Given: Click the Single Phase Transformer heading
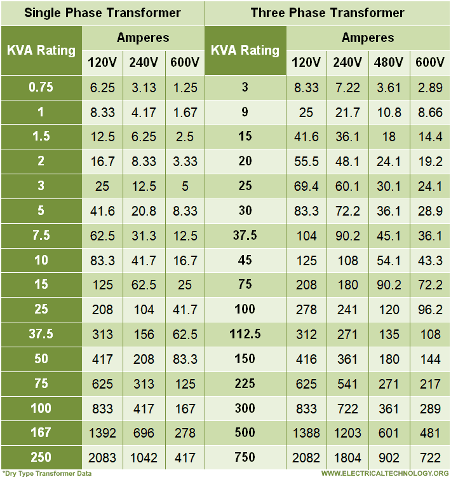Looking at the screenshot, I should (x=102, y=13).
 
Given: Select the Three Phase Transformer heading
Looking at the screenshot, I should (x=327, y=13).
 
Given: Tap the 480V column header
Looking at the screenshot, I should (x=389, y=62).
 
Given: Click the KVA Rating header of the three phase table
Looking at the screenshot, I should (x=245, y=50).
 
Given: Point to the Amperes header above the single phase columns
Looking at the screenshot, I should (x=143, y=38).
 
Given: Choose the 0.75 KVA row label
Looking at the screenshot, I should (x=41, y=87).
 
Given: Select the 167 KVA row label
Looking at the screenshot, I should (x=41, y=432).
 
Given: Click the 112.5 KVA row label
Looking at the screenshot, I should (x=245, y=334).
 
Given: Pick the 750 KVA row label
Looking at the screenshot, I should (x=245, y=457).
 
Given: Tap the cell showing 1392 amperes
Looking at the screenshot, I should (x=103, y=433).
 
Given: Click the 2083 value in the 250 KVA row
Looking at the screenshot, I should (x=103, y=458).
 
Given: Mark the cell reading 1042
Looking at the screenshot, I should (x=144, y=458).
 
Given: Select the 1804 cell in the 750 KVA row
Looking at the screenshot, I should (x=348, y=458).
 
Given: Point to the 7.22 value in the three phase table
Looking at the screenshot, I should (x=348, y=88).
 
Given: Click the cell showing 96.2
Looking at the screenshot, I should (x=430, y=310).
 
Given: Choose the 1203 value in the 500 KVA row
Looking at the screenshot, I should (x=348, y=433).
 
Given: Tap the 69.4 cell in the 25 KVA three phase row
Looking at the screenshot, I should (x=307, y=186).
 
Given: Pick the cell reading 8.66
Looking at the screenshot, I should (x=430, y=113).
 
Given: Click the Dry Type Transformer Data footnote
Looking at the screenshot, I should (x=48, y=473).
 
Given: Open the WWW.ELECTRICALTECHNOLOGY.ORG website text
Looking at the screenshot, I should (x=384, y=473).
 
